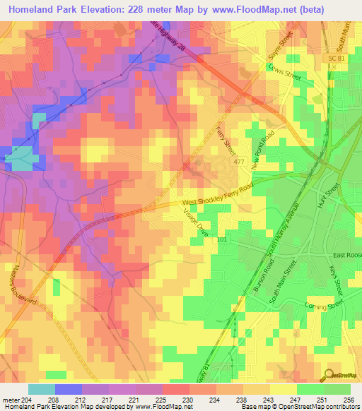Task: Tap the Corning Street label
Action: [x=324, y=304]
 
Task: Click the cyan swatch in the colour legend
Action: [x=41, y=389]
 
